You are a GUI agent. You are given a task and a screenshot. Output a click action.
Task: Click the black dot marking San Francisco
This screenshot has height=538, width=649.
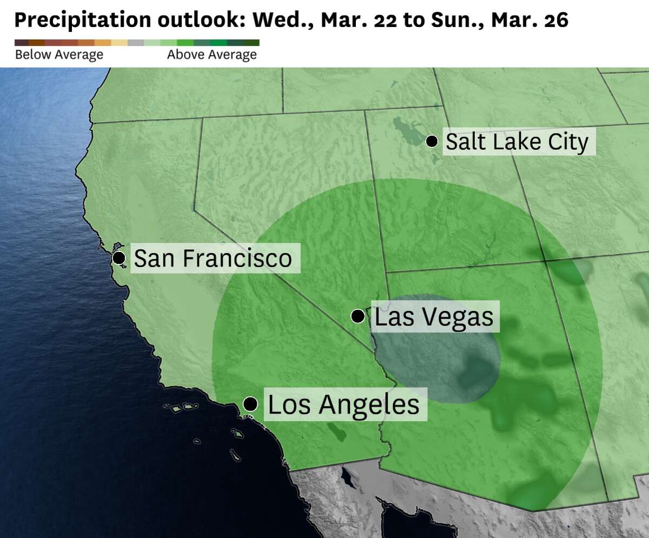click(119, 257)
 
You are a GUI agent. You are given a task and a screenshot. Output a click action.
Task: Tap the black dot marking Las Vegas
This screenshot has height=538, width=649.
click(357, 316)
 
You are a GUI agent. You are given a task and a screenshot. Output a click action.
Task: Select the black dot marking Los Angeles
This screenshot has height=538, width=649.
click(250, 403)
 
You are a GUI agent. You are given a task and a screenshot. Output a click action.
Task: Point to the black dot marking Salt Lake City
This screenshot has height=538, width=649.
click(432, 141)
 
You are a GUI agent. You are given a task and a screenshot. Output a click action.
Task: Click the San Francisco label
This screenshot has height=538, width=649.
click(213, 258)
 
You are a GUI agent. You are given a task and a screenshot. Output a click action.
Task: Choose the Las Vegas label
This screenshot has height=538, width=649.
click(434, 317)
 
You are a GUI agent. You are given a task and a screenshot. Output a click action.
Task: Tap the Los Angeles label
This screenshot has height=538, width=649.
click(343, 404)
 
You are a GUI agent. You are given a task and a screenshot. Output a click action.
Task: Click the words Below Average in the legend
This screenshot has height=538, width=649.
click(59, 55)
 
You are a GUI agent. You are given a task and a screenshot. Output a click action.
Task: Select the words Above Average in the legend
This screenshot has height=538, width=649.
click(212, 55)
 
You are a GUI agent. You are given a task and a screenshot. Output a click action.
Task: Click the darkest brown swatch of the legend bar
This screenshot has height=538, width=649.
click(22, 43)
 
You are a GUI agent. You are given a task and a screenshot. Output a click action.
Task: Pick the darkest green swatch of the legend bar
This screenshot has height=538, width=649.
click(251, 43)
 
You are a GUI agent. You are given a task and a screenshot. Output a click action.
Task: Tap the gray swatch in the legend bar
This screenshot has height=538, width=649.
click(136, 43)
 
